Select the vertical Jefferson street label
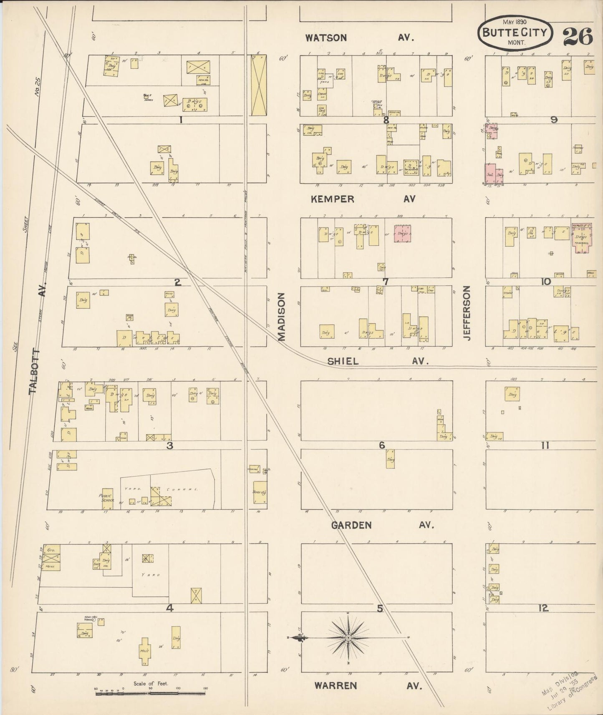coord(467,313)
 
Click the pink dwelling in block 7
coord(402,234)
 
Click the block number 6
coord(381,446)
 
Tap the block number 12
coord(543,608)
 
